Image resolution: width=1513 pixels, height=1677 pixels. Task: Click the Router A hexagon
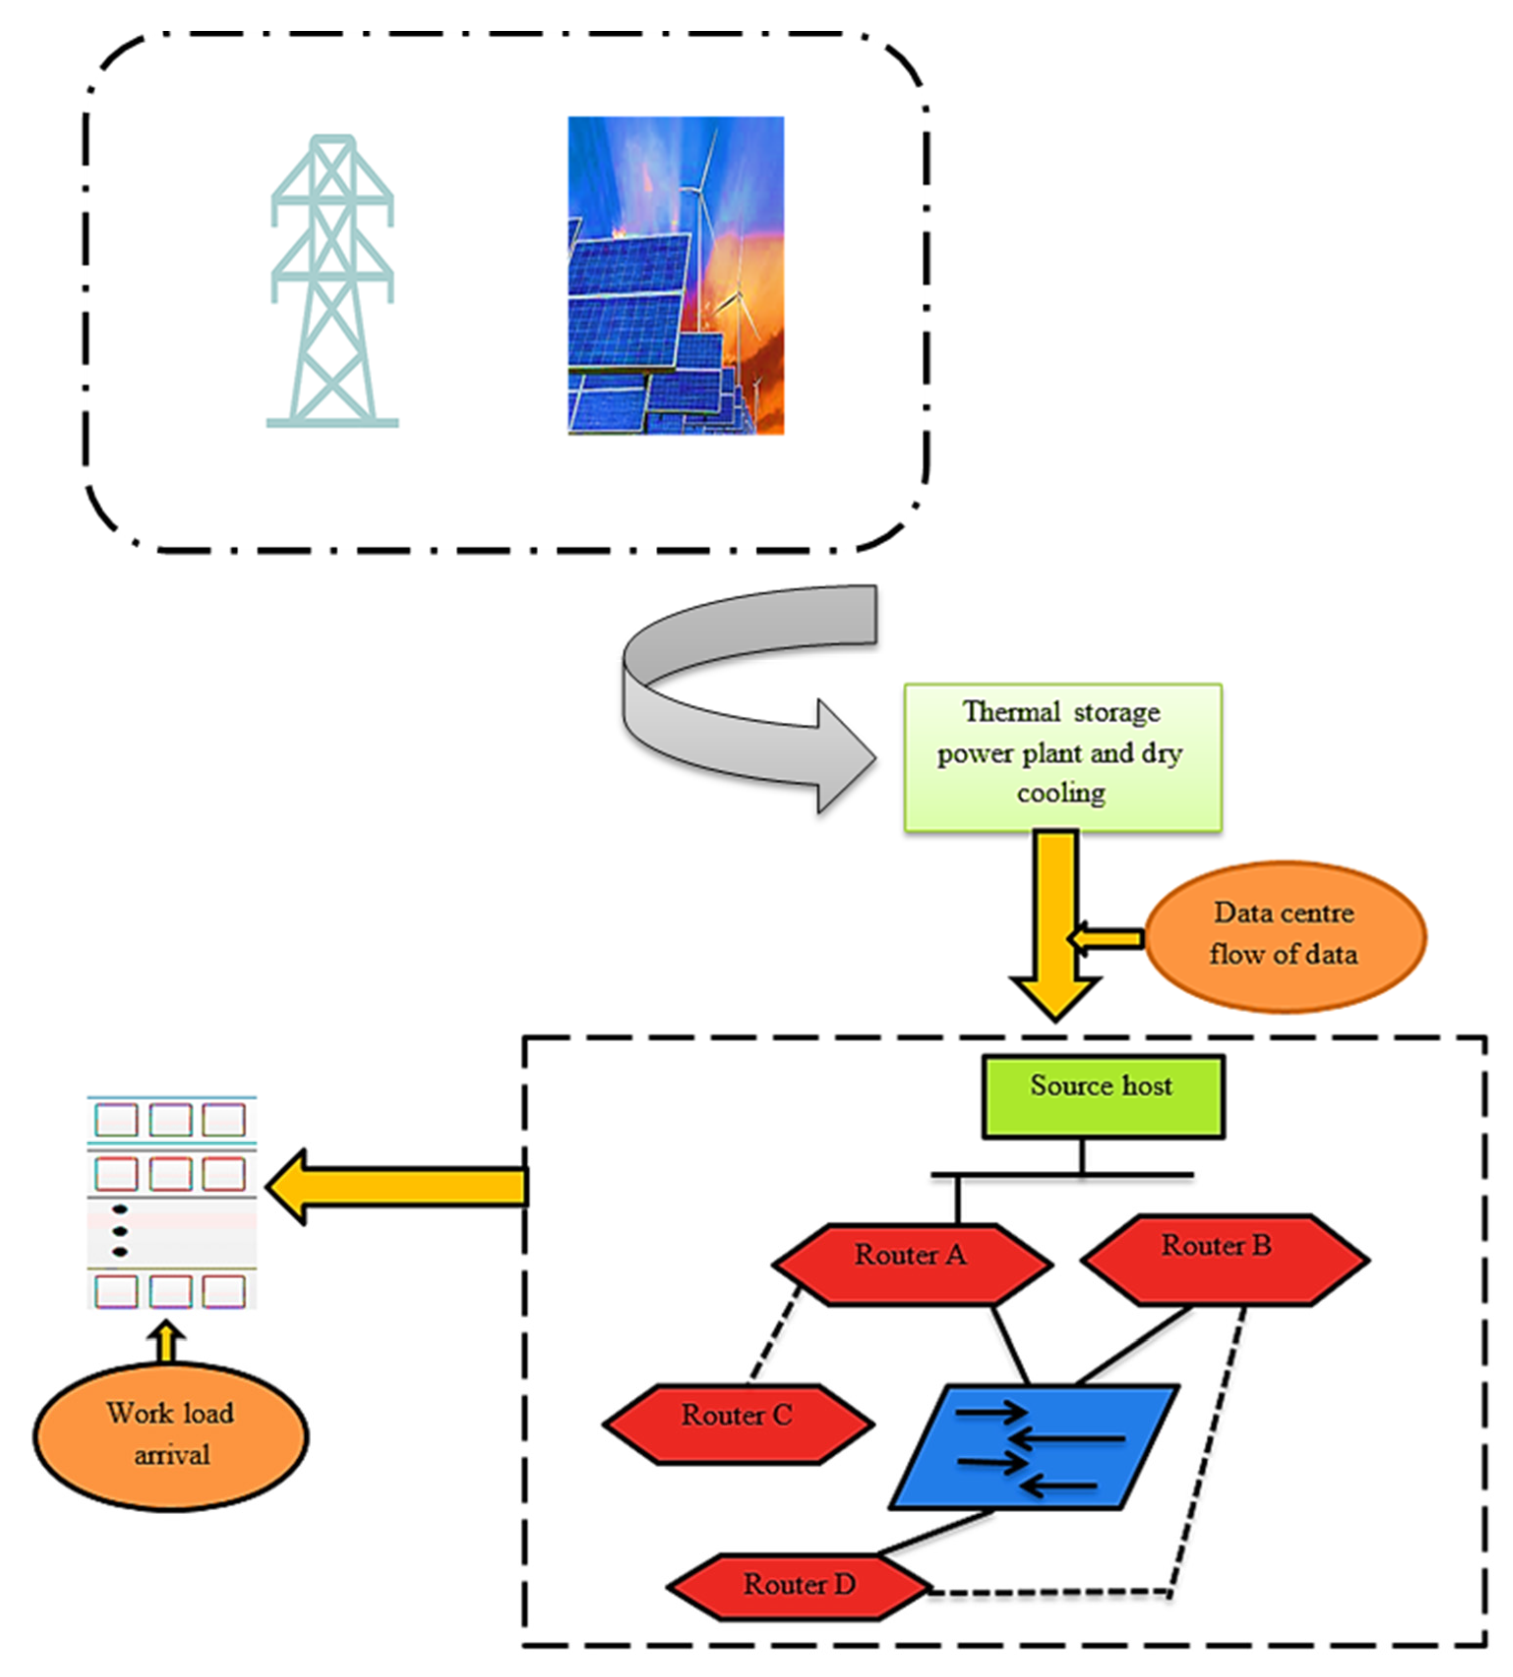coord(912,1263)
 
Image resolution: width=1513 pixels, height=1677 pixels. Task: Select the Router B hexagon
coord(1224,1259)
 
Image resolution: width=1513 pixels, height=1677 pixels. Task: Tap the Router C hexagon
coord(738,1423)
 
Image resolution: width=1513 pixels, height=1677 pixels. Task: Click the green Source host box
coord(1102,1096)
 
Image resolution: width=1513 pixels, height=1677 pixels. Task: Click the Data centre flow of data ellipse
coord(1284,936)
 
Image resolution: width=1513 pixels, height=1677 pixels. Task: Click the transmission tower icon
coord(332,283)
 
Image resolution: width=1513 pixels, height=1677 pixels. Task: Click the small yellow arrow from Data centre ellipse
coord(1106,939)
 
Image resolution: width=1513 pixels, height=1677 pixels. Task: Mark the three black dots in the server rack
coord(119,1231)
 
